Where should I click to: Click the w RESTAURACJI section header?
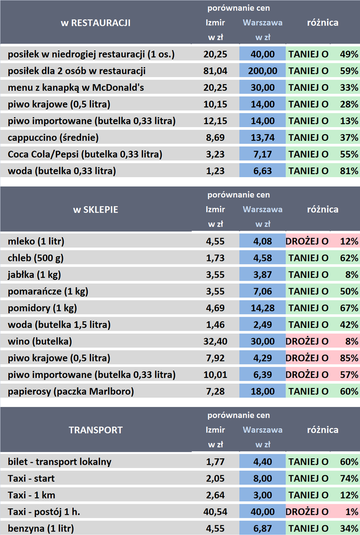click(95, 22)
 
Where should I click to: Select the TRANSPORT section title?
click(95, 430)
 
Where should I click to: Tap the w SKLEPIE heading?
click(95, 210)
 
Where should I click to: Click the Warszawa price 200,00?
click(263, 71)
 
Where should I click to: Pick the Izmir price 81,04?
click(215, 71)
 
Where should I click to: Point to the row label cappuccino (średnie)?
click(53, 138)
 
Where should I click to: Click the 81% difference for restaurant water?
click(349, 171)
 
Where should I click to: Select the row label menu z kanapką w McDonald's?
click(76, 88)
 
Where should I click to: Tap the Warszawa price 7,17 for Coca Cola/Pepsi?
click(263, 154)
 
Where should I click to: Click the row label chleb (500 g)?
click(36, 258)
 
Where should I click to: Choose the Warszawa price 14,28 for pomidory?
click(263, 308)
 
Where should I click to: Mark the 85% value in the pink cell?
click(349, 358)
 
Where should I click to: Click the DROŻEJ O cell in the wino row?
click(307, 341)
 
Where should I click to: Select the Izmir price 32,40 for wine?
click(215, 341)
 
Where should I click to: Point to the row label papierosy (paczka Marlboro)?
click(71, 391)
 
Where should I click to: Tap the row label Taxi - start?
click(31, 478)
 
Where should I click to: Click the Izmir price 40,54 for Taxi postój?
click(215, 512)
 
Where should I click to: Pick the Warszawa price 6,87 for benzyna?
click(263, 528)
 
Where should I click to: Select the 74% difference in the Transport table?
click(349, 478)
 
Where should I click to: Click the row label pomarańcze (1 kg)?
click(45, 291)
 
